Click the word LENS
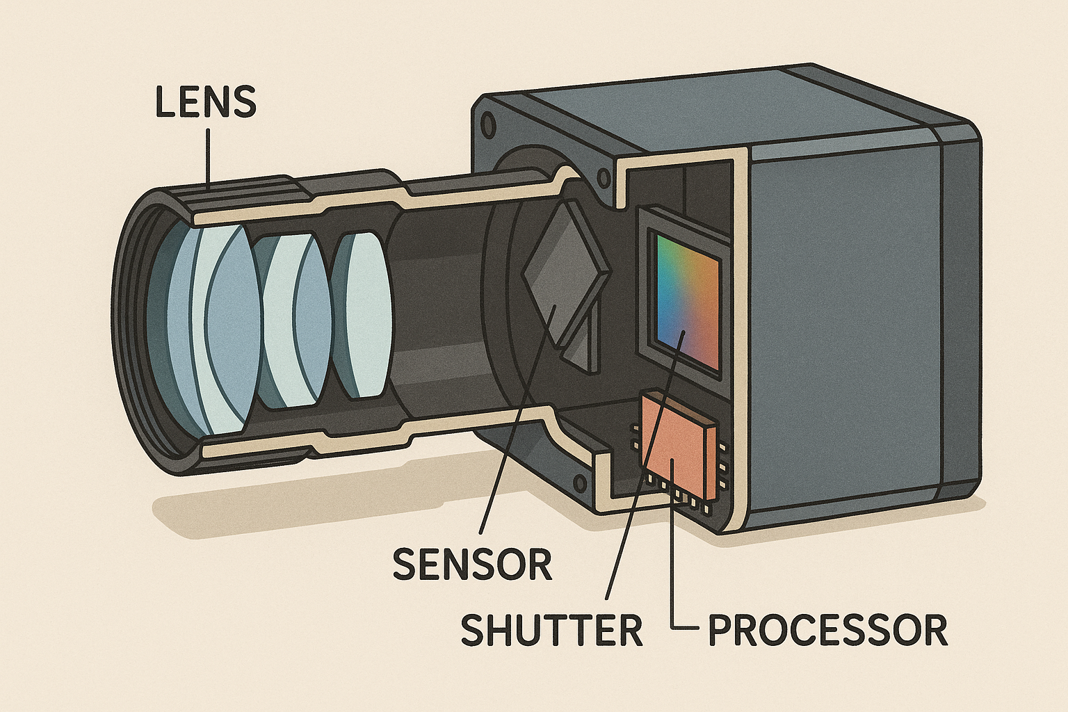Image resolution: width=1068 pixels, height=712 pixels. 206,102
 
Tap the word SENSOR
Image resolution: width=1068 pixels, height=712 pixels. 472,564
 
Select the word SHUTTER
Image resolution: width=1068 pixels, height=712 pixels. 551,630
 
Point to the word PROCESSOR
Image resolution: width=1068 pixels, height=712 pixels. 827,630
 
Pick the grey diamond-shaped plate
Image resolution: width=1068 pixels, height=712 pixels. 563,278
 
